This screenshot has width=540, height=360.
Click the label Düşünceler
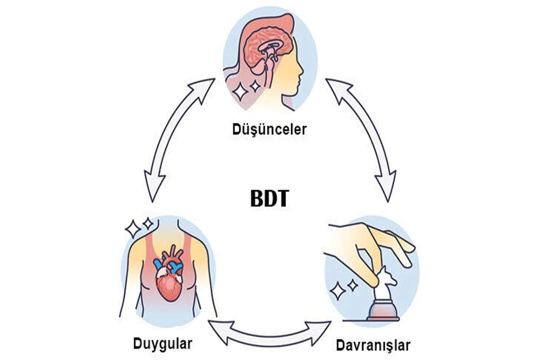[x=269, y=130]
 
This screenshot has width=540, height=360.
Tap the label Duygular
[x=163, y=344]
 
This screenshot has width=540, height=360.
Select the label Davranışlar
[x=373, y=345]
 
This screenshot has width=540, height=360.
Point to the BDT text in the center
[x=270, y=198]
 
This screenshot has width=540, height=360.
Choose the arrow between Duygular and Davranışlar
[x=269, y=336]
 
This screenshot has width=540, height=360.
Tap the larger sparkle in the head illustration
[x=240, y=92]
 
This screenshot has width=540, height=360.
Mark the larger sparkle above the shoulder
[x=133, y=229]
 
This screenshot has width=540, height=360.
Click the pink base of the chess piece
[x=383, y=311]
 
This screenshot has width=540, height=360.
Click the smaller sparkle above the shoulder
[x=148, y=224]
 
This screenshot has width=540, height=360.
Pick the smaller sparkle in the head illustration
[x=255, y=86]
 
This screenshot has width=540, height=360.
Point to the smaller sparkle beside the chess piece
[x=353, y=285]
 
